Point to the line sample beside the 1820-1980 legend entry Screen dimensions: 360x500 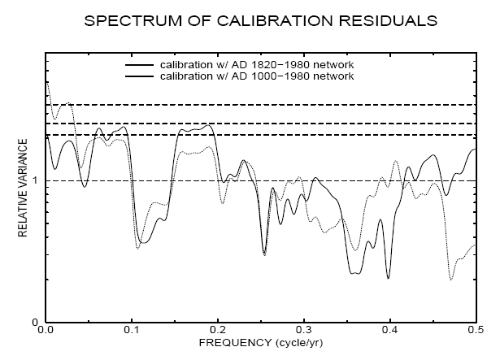(139, 64)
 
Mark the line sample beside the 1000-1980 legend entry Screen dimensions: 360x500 (139, 76)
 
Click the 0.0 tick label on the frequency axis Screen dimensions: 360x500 (46, 332)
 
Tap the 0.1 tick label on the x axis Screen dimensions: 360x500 (132, 332)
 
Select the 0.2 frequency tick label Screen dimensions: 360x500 (218, 332)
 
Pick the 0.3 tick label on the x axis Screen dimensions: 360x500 (303, 332)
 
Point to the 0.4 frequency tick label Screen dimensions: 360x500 (389, 332)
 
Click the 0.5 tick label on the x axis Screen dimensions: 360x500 (473, 332)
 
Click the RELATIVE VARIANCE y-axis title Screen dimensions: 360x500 (24, 189)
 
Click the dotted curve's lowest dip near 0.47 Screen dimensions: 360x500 (451, 280)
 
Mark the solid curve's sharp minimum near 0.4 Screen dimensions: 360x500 (389, 278)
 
